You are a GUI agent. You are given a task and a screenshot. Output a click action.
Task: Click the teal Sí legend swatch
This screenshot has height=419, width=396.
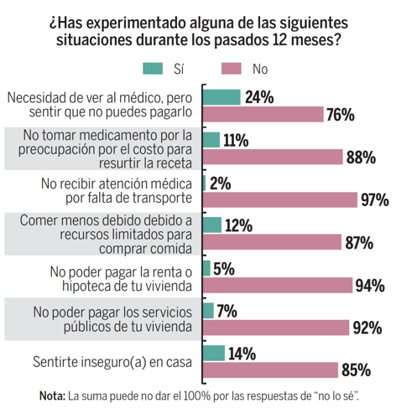[154, 68]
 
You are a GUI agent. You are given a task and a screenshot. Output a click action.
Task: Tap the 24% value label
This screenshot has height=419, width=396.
[258, 97]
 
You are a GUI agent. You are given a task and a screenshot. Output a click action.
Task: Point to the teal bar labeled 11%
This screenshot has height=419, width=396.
[211, 139]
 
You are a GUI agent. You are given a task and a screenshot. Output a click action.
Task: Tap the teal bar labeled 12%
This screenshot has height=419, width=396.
[212, 224]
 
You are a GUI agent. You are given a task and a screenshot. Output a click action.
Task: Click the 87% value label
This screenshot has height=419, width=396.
[359, 242]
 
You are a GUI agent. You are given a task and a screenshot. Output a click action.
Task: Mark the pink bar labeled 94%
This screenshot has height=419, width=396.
[278, 285]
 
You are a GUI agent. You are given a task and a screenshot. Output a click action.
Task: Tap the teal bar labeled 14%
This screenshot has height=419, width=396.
[214, 352]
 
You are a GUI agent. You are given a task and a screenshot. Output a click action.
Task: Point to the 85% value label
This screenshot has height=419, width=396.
[354, 370]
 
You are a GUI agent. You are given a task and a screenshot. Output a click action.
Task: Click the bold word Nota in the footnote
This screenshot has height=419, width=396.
[51, 396]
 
